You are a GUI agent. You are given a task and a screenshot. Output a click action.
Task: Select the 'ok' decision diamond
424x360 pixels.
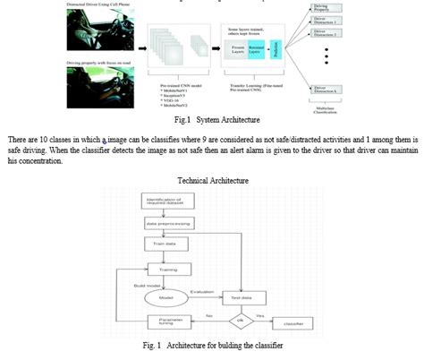coord(240,317)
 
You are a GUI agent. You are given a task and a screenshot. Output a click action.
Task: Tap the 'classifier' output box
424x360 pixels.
coord(298,317)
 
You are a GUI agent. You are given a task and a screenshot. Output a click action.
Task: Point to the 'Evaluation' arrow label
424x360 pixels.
coord(204,290)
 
